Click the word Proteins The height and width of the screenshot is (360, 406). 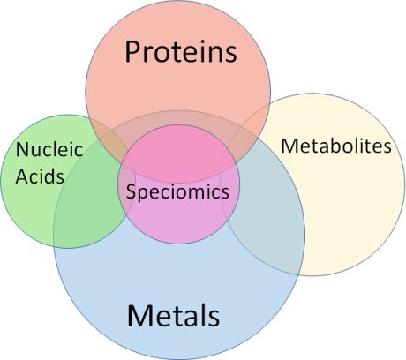181,52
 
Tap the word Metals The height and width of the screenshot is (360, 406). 173,316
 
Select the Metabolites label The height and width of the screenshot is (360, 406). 336,146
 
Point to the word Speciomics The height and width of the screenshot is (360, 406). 177,192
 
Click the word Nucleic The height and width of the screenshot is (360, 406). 49,149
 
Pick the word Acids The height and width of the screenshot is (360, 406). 40,176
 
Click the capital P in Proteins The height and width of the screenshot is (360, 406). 132,52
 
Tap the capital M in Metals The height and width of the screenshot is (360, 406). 139,316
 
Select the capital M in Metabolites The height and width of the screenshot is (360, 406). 289,146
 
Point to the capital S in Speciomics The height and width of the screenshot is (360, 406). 131,191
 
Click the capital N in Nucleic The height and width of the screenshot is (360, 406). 22,149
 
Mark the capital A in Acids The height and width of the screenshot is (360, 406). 21,176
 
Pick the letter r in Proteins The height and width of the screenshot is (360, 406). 148,55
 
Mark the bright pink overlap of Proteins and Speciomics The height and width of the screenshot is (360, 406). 177,153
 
